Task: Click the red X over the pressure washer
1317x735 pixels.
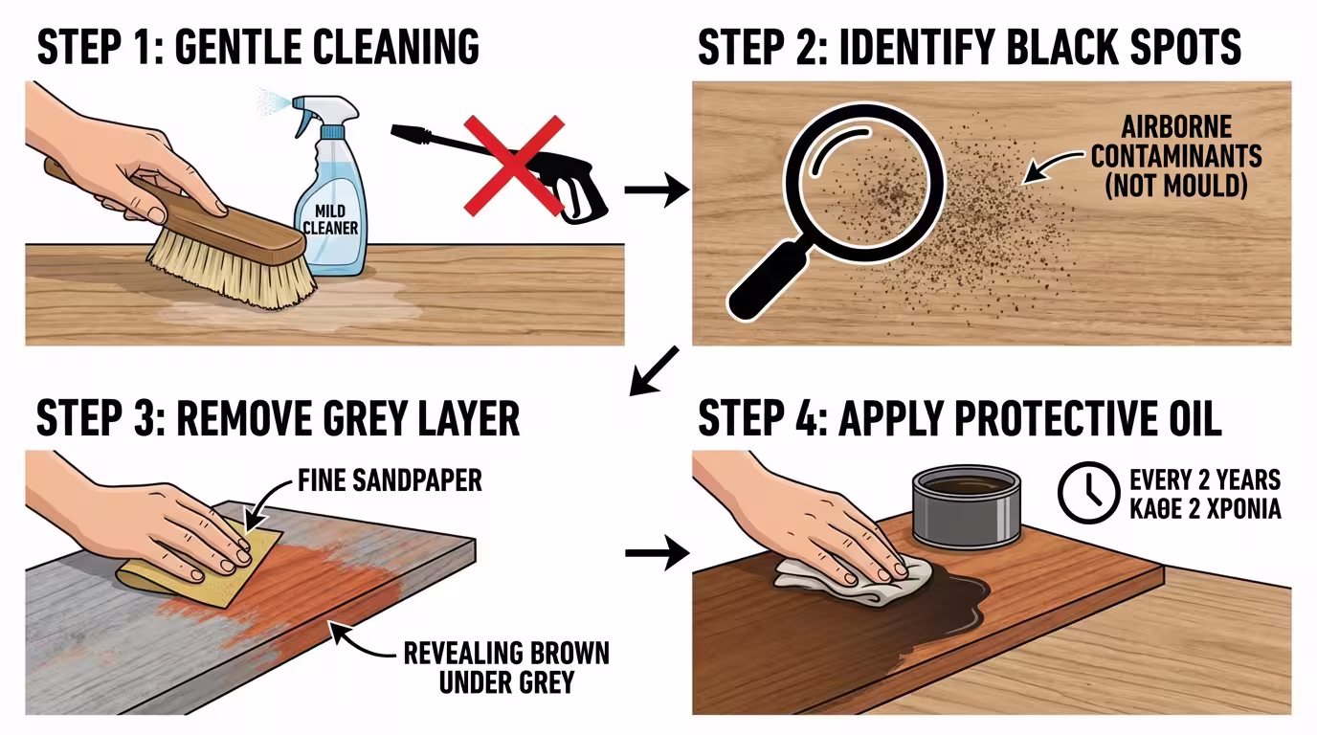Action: [514, 166]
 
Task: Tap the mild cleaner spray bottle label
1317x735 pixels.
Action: [330, 219]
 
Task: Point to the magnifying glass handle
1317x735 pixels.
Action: [766, 282]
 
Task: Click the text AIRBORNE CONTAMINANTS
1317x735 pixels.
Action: [1176, 142]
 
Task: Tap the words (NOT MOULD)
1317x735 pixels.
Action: [1176, 186]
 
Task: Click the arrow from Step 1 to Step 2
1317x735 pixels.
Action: [657, 189]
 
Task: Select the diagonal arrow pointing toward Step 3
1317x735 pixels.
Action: [654, 371]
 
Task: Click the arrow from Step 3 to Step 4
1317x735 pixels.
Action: [657, 553]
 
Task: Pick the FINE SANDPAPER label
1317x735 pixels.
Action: [390, 480]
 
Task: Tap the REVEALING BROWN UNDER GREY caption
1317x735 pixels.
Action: [506, 667]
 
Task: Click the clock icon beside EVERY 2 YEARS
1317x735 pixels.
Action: [1089, 493]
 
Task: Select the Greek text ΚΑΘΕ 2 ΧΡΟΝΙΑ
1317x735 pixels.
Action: [1205, 509]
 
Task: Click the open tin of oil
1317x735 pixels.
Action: [967, 505]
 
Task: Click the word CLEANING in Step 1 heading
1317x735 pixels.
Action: [396, 47]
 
